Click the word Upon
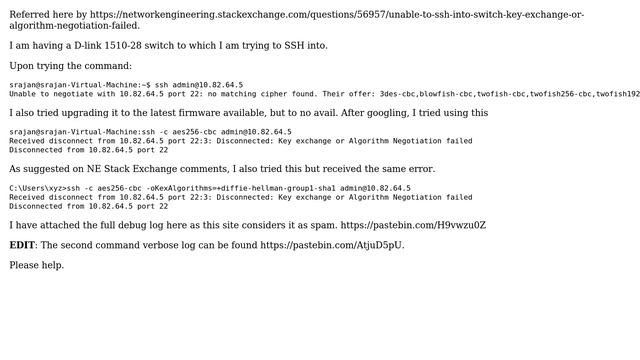23,66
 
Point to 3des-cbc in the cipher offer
397,94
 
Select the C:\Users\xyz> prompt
37,188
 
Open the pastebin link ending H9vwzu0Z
413,225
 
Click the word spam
321,225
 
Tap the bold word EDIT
22,245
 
